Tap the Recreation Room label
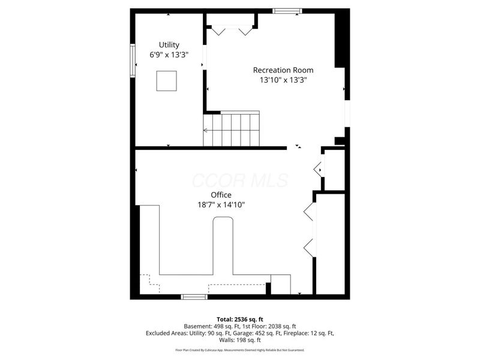283,70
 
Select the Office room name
221,195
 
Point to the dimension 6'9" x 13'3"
169,55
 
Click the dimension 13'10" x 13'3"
283,80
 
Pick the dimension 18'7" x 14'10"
221,205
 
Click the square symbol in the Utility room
166,80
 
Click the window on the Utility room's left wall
133,60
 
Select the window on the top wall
287,11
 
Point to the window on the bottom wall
194,296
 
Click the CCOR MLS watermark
240,181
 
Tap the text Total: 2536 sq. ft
240,319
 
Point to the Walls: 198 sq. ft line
240,340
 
